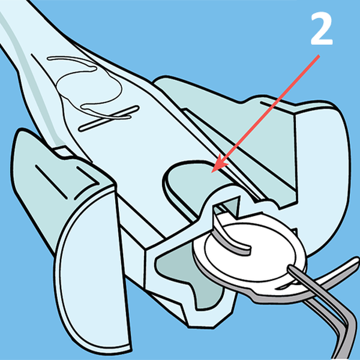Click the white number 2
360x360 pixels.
pyautogui.click(x=322, y=29)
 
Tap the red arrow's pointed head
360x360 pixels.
pyautogui.click(x=218, y=164)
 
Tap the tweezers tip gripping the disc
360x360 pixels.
pyautogui.click(x=292, y=269)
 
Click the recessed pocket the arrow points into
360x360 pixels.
pyautogui.click(x=195, y=181)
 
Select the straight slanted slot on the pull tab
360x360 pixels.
pyautogui.click(x=109, y=118)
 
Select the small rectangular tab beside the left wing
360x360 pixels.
pyautogui.click(x=63, y=152)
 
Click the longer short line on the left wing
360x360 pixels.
pyautogui.click(x=51, y=181)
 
